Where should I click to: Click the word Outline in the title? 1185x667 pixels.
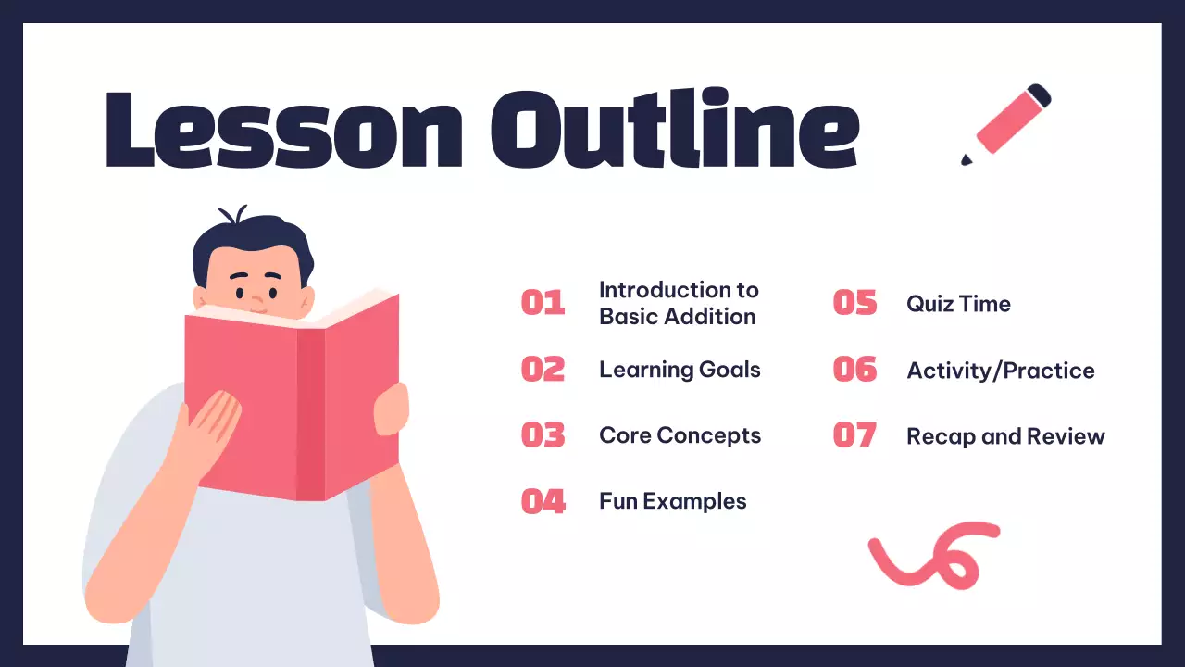pyautogui.click(x=675, y=129)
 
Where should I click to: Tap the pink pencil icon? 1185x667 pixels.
pyautogui.click(x=1007, y=123)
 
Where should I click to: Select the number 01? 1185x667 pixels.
pyautogui.click(x=543, y=303)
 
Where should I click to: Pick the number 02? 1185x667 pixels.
pyautogui.click(x=543, y=370)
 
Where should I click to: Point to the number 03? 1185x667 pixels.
pyautogui.click(x=543, y=435)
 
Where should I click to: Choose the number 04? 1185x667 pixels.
pyautogui.click(x=543, y=501)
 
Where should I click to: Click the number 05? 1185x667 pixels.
pyautogui.click(x=854, y=303)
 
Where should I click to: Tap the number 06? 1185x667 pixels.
pyautogui.click(x=854, y=370)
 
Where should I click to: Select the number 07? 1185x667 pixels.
pyautogui.click(x=854, y=435)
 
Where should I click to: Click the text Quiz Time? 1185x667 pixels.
pyautogui.click(x=958, y=304)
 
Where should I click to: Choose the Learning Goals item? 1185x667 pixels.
pyautogui.click(x=680, y=370)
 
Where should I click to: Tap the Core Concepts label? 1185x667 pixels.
pyautogui.click(x=680, y=435)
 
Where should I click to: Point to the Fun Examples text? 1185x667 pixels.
pyautogui.click(x=672, y=501)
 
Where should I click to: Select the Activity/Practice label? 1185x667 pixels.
pyautogui.click(x=1000, y=371)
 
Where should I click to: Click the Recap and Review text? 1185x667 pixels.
pyautogui.click(x=1005, y=436)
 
